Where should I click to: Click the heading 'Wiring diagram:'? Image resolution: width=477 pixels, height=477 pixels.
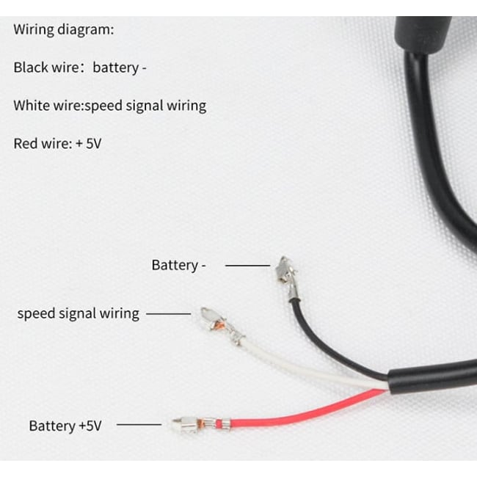(64, 31)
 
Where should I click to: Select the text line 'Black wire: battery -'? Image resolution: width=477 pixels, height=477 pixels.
(80, 68)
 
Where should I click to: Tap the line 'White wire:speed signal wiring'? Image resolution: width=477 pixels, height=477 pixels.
(109, 106)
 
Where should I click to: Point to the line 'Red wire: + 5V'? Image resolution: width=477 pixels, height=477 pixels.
(57, 143)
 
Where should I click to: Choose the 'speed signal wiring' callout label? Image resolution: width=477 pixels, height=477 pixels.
(78, 313)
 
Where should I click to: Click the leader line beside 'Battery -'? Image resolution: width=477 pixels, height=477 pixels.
(247, 265)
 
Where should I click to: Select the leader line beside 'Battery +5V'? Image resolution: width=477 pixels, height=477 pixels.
(139, 424)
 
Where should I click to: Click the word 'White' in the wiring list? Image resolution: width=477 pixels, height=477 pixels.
(30, 106)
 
